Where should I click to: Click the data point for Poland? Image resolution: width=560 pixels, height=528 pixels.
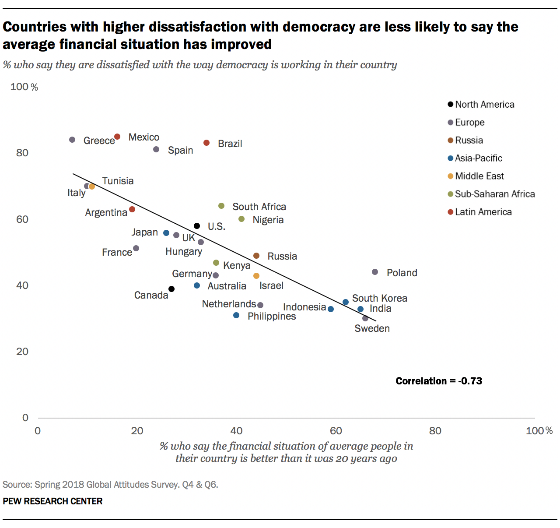coord(375,272)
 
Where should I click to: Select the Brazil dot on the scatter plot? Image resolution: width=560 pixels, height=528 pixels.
coord(206,143)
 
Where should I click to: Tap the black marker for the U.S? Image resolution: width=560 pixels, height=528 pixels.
coord(197,226)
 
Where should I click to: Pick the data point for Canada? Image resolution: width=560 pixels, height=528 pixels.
coord(171,289)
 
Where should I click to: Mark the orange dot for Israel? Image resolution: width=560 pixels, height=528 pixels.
coord(256,276)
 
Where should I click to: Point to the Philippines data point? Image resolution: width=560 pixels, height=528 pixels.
coord(236,315)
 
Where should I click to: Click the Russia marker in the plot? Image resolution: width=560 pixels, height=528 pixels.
coord(256,256)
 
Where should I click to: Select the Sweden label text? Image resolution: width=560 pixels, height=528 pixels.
coord(372,328)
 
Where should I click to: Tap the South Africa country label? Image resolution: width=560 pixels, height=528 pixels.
coord(259,207)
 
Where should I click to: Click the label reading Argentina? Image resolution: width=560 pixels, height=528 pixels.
coord(106,212)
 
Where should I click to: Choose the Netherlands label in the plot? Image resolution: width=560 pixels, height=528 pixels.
coord(229,304)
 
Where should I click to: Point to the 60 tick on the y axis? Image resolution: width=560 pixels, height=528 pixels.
coord(22,219)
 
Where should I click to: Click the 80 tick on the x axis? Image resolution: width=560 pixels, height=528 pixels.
coord(435,431)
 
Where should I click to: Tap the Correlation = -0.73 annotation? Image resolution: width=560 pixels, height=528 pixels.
coord(439,381)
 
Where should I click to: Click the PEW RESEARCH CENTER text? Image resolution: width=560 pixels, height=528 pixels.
coord(52,501)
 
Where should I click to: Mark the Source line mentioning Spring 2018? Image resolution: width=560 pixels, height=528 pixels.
coord(110,485)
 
